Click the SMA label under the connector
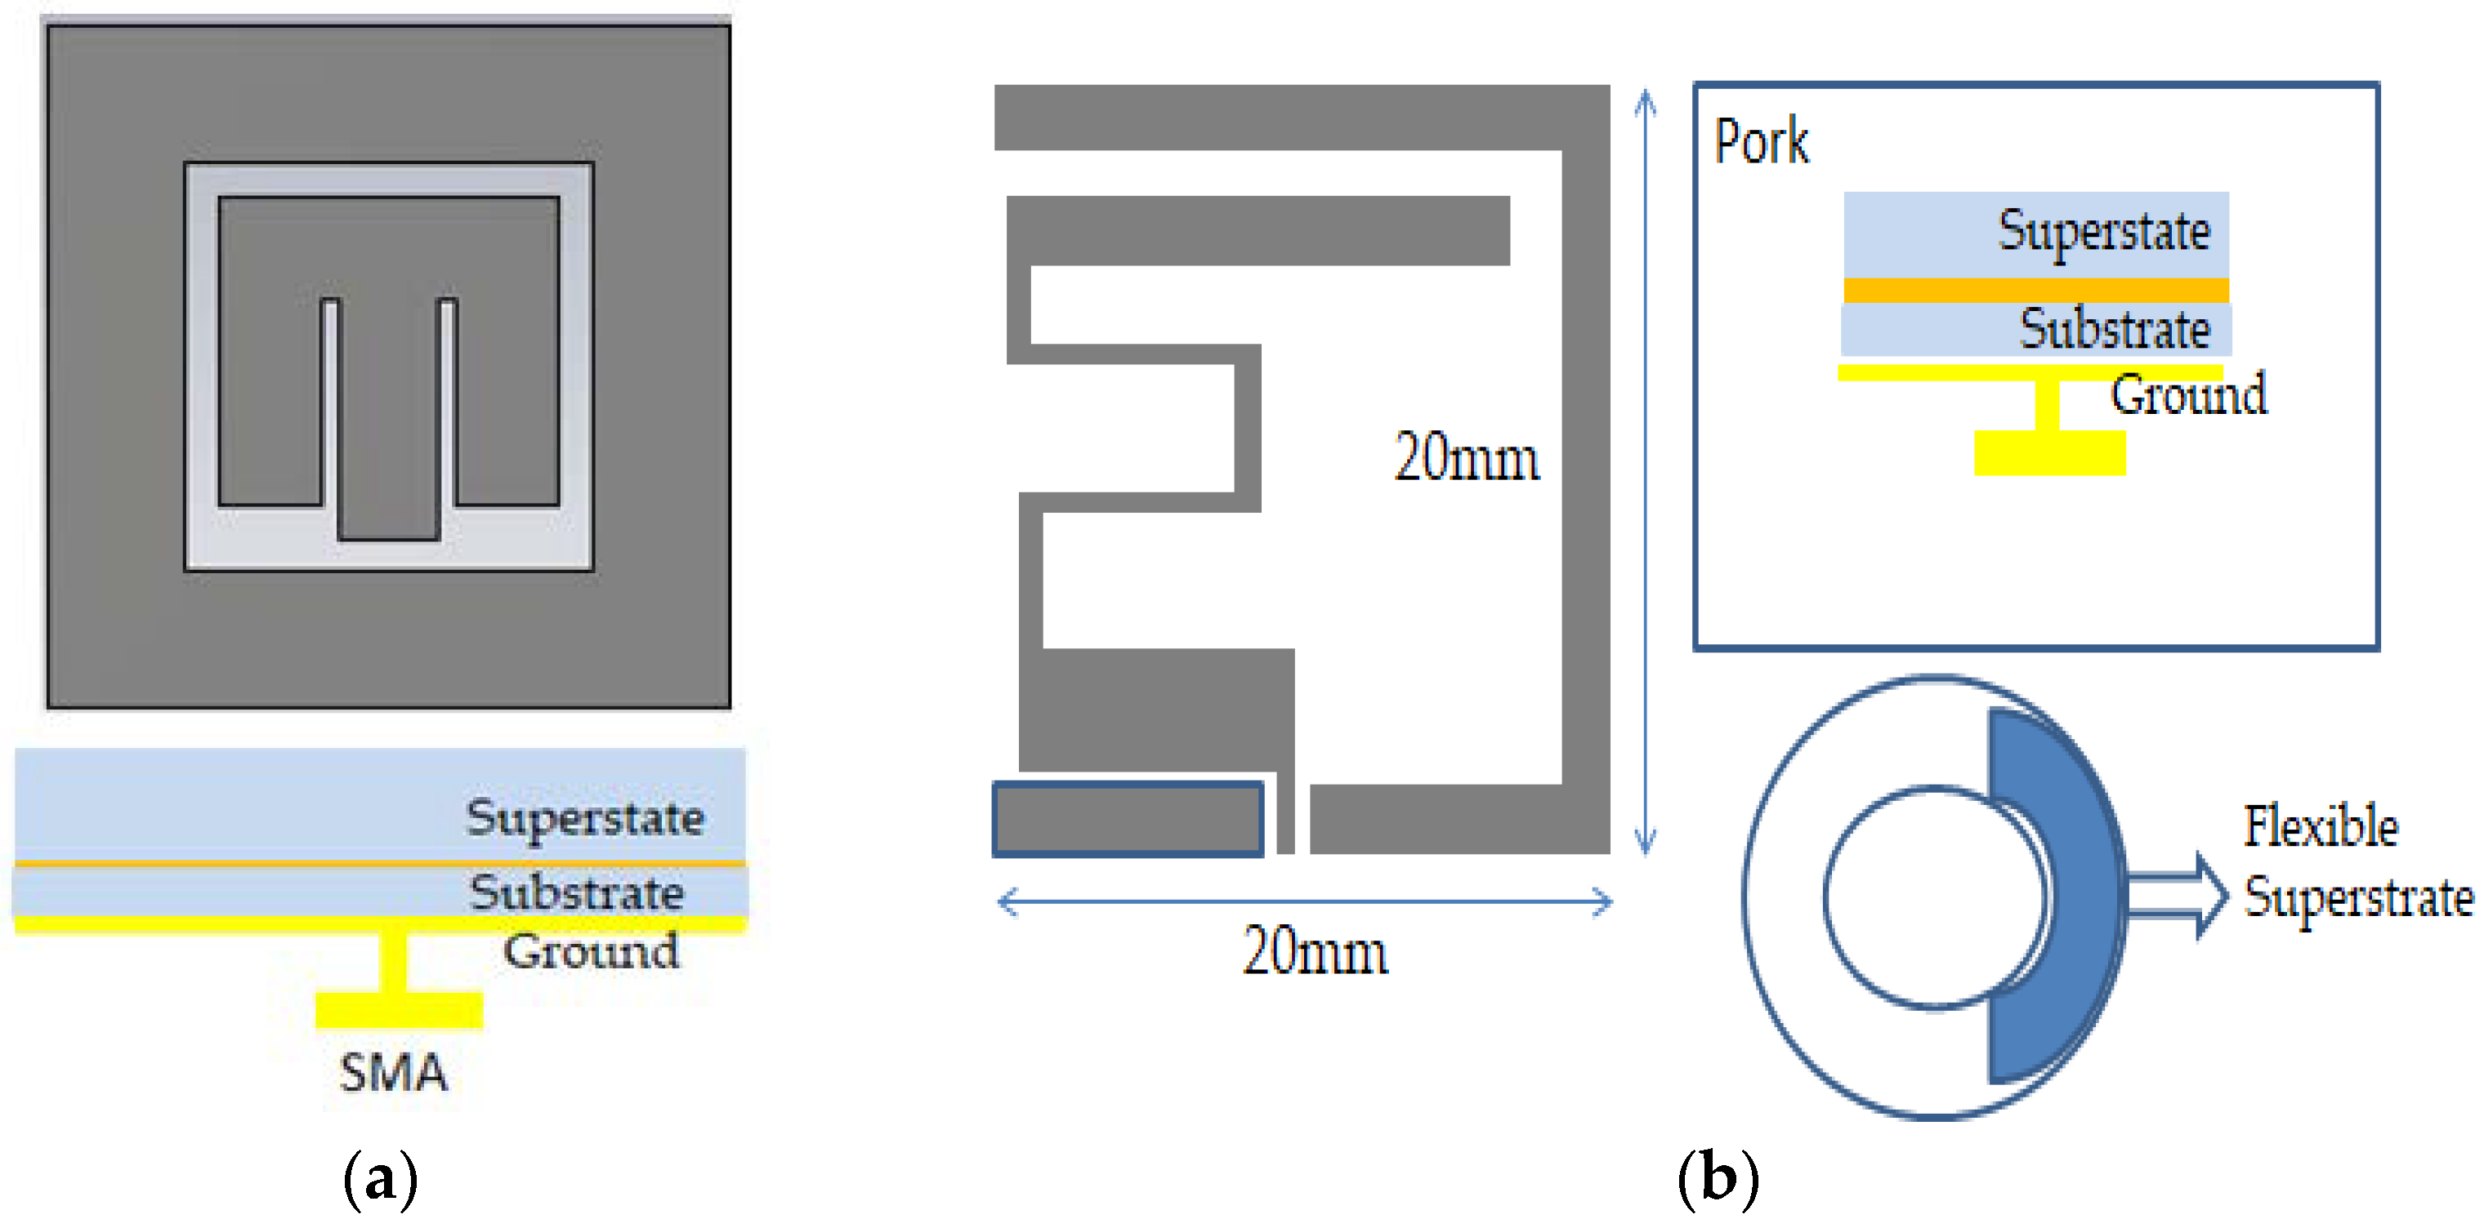click(393, 1073)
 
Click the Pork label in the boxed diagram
click(1761, 143)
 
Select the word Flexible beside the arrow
click(2320, 827)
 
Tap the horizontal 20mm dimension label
click(1316, 952)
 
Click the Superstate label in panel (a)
click(584, 818)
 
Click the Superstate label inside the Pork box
click(2103, 231)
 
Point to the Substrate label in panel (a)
click(577, 892)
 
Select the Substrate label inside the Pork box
click(2115, 330)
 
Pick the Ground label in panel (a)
click(590, 951)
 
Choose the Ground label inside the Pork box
click(2188, 394)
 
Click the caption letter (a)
click(381, 1178)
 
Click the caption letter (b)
click(1718, 1178)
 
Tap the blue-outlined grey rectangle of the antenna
click(1128, 819)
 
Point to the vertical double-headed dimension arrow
click(1645, 472)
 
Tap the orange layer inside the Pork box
click(2035, 290)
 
